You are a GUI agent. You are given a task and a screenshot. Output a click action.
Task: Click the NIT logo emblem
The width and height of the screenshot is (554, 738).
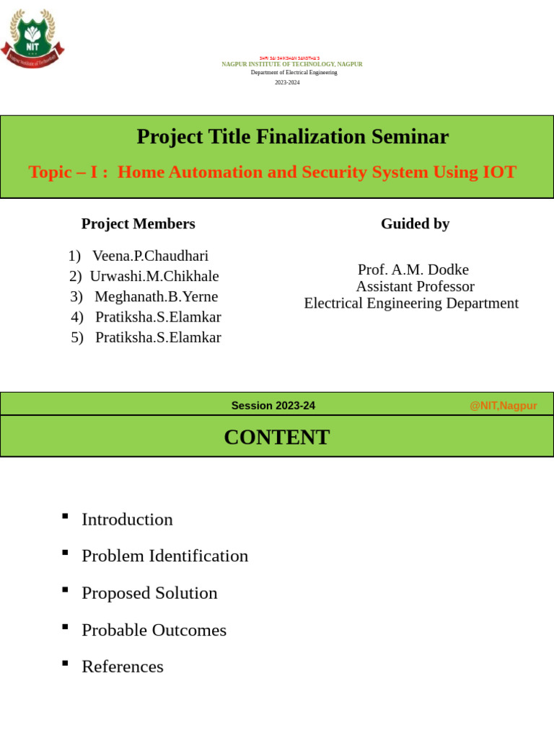(32, 40)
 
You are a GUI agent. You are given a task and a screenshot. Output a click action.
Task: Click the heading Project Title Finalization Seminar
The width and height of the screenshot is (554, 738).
(292, 137)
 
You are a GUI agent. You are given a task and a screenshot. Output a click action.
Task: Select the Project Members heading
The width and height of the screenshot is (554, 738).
(138, 224)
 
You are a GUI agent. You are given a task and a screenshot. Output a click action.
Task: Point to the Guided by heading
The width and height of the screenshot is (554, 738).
(415, 224)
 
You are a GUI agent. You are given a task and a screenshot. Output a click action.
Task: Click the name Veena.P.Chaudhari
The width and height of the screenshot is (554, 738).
(150, 256)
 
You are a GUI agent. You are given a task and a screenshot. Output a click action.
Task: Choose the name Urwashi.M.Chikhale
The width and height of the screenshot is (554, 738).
(154, 277)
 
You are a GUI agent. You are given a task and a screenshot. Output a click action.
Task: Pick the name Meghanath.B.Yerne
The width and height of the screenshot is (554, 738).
(156, 297)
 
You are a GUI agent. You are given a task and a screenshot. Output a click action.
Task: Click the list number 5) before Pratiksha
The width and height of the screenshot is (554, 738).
(77, 338)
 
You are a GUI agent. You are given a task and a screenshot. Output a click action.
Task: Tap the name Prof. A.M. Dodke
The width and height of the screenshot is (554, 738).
(413, 270)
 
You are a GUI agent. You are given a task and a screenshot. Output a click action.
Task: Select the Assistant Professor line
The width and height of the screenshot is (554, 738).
(415, 287)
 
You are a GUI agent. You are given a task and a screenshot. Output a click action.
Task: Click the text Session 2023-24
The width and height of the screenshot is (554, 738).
(273, 406)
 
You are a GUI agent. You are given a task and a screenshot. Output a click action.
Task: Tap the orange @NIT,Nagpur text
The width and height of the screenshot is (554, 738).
(503, 406)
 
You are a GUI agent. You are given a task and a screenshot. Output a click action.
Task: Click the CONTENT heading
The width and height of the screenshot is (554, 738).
(276, 437)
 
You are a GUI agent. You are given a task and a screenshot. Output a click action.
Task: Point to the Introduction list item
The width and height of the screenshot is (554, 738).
(127, 520)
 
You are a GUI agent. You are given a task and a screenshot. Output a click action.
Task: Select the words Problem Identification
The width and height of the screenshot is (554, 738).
(164, 556)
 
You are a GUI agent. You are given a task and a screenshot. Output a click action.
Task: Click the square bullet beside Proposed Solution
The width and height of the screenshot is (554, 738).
(65, 590)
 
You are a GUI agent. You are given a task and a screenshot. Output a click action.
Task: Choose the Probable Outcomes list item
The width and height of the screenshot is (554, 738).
(154, 631)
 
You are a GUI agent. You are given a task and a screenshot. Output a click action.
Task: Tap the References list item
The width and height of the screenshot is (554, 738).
(123, 667)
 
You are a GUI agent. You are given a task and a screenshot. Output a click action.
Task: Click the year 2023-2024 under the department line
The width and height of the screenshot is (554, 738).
(287, 82)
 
